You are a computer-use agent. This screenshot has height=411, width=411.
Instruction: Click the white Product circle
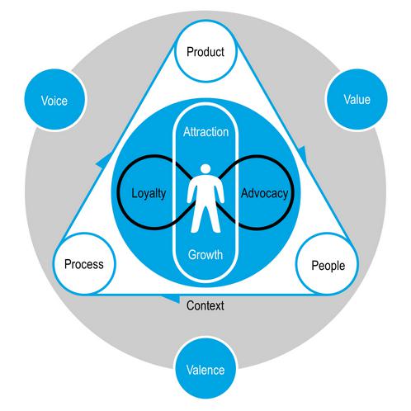205,51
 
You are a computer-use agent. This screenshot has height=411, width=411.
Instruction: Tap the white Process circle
84,263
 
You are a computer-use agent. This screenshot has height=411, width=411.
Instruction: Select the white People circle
327,264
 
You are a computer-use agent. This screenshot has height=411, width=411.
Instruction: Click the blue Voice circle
54,100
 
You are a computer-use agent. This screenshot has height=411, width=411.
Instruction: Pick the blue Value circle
357,99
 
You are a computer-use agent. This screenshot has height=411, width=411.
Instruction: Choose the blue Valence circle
205,368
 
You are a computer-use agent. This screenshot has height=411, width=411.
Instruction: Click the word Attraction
205,132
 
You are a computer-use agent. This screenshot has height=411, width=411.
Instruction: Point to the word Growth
205,255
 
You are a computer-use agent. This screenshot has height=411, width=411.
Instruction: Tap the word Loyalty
149,194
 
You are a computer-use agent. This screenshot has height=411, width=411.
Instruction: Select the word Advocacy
265,194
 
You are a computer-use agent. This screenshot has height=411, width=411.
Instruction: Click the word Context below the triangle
205,305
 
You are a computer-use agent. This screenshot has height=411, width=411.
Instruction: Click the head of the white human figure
205,169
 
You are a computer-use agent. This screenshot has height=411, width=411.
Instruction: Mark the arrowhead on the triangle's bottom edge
171,299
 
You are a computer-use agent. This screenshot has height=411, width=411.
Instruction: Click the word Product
205,52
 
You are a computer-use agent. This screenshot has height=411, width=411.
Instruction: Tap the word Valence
205,370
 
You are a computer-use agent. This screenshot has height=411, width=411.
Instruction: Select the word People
328,266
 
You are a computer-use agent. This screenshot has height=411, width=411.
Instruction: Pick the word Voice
54,101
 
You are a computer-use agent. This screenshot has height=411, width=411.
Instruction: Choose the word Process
84,264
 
